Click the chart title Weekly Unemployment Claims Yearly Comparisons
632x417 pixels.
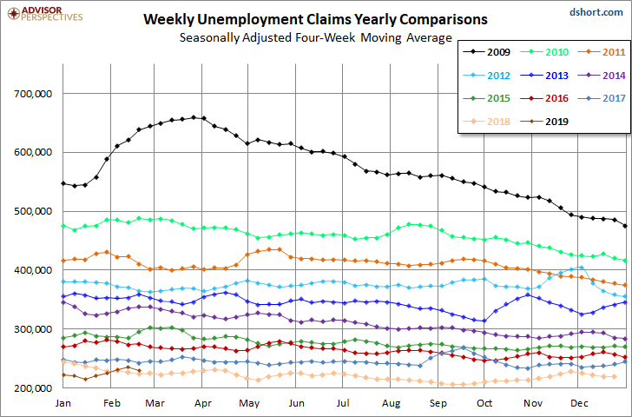(315, 19)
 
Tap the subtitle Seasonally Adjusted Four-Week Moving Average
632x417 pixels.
(315, 38)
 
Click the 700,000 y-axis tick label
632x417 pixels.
(32, 94)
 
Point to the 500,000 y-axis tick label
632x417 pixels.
(32, 212)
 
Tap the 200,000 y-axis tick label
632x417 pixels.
(32, 388)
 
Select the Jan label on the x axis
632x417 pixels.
(63, 404)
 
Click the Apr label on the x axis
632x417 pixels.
(204, 404)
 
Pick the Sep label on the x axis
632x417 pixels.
(438, 404)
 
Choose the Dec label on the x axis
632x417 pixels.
(579, 404)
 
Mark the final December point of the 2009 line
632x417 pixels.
(626, 226)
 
